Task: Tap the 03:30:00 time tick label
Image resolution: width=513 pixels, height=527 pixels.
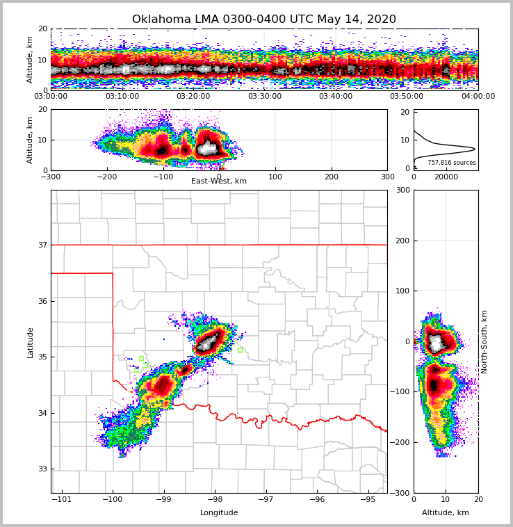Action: [x=265, y=96]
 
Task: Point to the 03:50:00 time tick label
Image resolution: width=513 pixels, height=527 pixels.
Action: [x=407, y=96]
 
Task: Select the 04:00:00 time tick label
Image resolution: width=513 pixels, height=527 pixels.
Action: [x=478, y=96]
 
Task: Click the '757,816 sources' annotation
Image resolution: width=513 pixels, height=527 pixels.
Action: [x=451, y=163]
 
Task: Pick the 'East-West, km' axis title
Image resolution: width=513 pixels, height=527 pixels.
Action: [x=219, y=181]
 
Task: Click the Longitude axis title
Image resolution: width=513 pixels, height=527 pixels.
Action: [x=219, y=513]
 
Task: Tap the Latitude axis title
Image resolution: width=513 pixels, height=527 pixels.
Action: [x=31, y=342]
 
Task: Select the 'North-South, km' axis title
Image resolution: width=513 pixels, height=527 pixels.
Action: [x=484, y=341]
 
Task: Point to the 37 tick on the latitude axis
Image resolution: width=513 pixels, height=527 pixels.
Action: [x=42, y=245]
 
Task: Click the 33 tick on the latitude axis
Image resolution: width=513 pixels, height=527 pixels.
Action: [x=42, y=469]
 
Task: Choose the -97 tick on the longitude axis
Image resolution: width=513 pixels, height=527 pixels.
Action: [x=266, y=499]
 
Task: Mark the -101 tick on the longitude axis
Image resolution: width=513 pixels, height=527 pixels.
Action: [x=62, y=499]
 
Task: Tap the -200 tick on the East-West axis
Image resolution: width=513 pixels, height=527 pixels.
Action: [x=106, y=177]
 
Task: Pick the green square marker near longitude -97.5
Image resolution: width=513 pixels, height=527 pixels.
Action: [x=240, y=350]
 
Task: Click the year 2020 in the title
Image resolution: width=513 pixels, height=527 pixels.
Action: [x=382, y=19]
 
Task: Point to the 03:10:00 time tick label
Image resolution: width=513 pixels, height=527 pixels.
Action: [x=122, y=96]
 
